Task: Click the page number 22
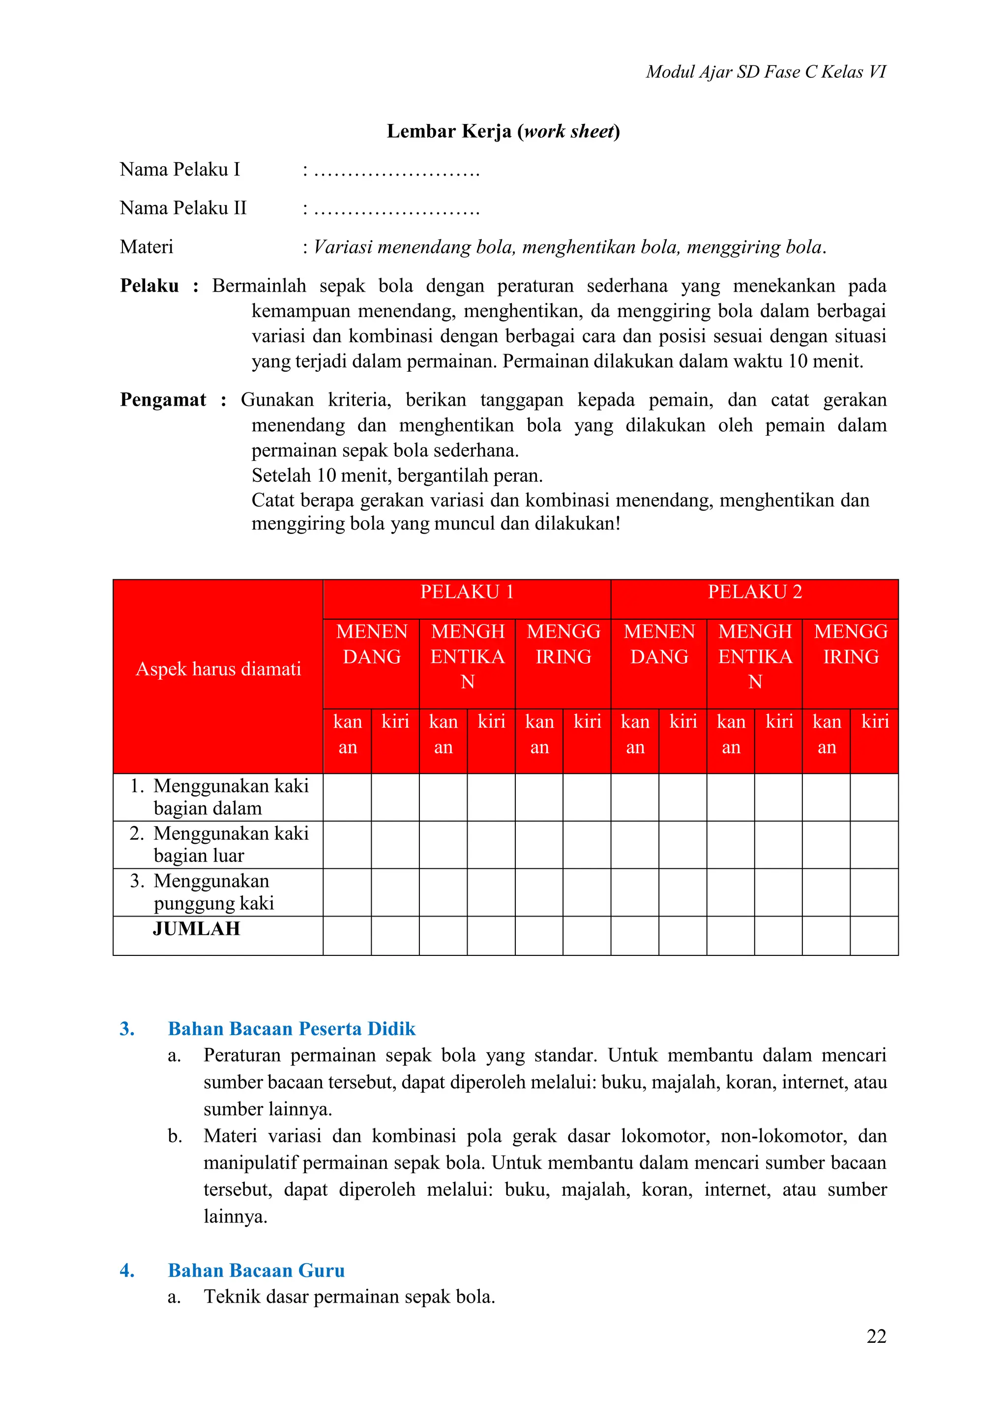tap(876, 1336)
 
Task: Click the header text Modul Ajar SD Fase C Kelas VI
tap(765, 72)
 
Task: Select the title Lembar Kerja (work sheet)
tap(503, 131)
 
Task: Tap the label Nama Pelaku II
tap(183, 208)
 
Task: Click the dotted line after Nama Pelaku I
tap(397, 171)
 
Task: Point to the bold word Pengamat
tap(162, 400)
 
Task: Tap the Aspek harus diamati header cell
tap(218, 669)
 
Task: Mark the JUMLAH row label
tap(196, 928)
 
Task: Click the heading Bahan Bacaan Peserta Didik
tap(292, 1029)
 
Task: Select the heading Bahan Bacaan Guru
tap(256, 1270)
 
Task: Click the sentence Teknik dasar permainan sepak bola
tap(349, 1297)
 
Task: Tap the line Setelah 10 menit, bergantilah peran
tap(397, 475)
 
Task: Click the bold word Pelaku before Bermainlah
tap(149, 286)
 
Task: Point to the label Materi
tap(147, 247)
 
